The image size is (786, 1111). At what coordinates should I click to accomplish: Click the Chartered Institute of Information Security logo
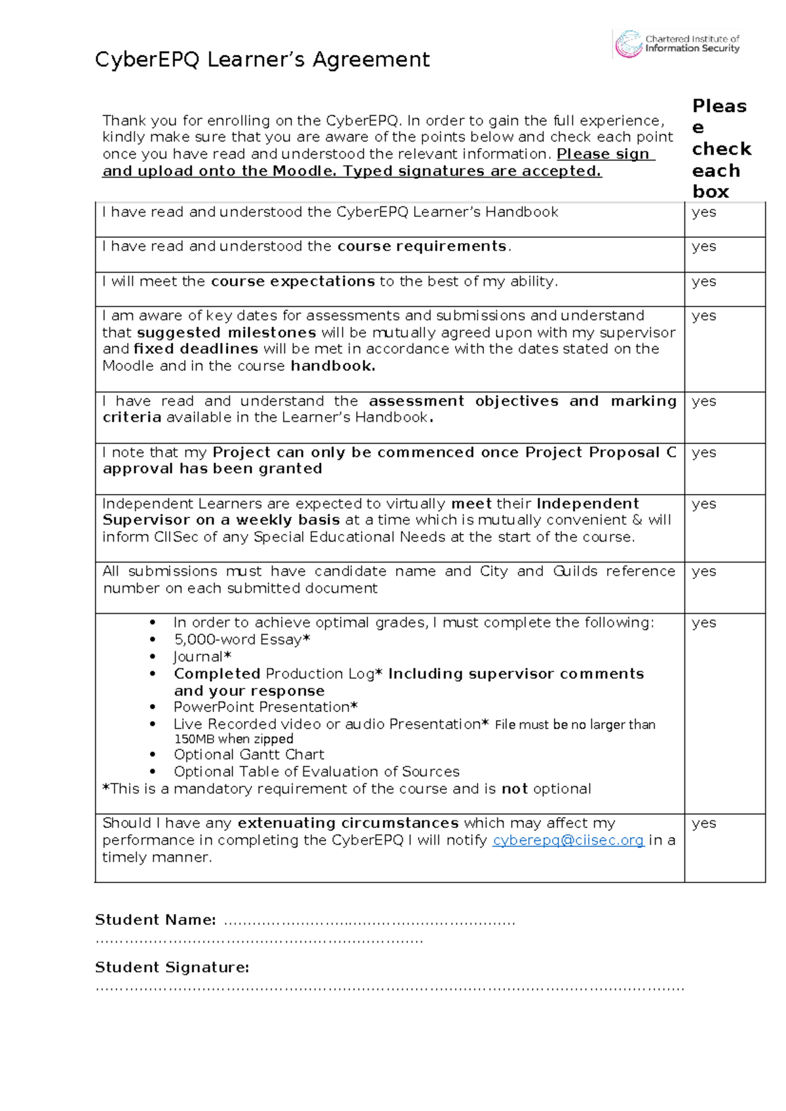point(677,44)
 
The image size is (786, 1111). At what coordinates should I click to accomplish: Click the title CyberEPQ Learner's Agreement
point(262,60)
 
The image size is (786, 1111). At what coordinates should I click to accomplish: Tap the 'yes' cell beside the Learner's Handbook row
point(703,212)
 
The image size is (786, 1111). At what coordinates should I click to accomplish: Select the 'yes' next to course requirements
point(703,246)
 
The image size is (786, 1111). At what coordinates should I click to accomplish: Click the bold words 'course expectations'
point(293,282)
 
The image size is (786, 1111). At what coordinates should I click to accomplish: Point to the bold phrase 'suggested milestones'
point(226,333)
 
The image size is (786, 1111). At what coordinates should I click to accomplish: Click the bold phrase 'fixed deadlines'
point(196,349)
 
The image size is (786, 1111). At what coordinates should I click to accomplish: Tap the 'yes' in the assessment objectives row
point(703,401)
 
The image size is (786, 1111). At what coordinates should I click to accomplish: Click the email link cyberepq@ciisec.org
point(568,840)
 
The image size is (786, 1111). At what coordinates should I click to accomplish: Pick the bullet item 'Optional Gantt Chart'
point(249,755)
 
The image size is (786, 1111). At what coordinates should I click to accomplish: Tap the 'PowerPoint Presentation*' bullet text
point(265,707)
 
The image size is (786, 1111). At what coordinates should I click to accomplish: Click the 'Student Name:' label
point(155,920)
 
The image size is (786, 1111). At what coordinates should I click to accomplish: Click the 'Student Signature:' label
point(172,968)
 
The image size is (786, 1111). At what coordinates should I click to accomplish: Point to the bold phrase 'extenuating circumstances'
point(348,823)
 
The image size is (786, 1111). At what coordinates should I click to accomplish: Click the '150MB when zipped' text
point(233,739)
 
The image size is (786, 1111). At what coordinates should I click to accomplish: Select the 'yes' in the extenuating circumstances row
point(703,823)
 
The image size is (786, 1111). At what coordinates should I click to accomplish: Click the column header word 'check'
point(721,149)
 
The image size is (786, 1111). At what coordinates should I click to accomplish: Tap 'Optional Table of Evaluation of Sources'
point(316,772)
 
